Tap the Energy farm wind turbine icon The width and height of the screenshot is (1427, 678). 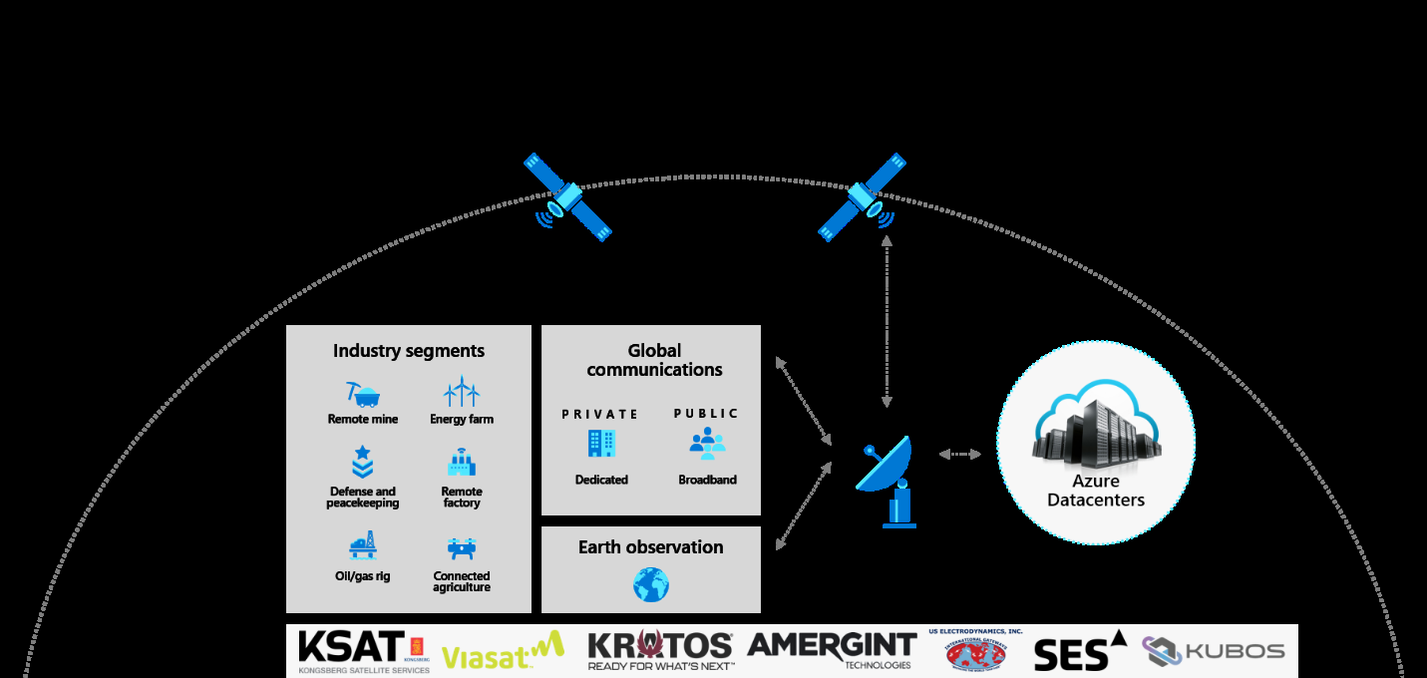462,392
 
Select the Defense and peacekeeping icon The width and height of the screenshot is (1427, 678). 362,463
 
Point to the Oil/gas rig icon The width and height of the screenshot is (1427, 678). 362,546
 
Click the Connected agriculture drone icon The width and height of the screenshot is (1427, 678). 461,548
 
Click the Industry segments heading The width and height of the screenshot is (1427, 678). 409,351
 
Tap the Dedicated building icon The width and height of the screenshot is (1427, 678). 601,444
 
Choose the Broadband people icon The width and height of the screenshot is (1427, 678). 707,444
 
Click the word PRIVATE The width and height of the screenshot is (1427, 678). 599,414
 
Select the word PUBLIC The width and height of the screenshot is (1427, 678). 706,414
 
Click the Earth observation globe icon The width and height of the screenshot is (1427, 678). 651,584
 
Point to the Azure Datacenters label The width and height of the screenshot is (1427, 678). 1096,492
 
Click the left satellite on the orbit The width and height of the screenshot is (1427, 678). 567,197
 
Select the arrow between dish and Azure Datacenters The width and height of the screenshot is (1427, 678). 960,455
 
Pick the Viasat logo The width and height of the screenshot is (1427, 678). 502,652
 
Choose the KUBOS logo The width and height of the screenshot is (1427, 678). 1214,651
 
